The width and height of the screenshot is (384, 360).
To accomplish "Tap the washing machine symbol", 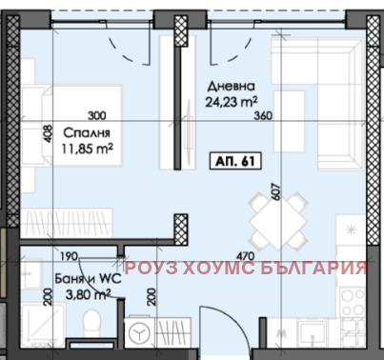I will click(140, 333).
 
